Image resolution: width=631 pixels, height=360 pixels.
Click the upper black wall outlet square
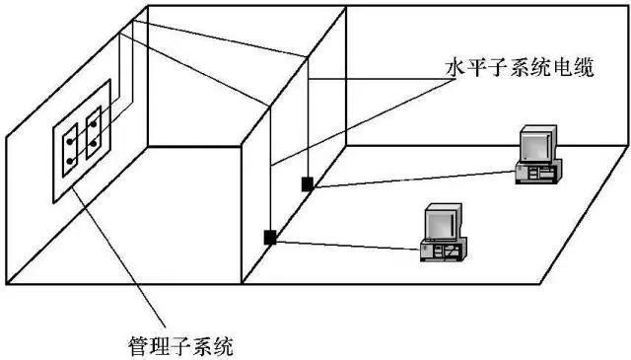[x=309, y=182]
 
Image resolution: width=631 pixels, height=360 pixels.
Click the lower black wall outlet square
[x=269, y=236]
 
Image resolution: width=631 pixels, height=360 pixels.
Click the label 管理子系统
[x=182, y=345]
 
